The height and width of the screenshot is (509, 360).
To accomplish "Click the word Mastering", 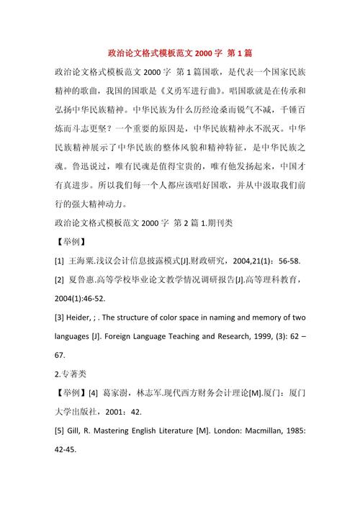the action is click(125, 431).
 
